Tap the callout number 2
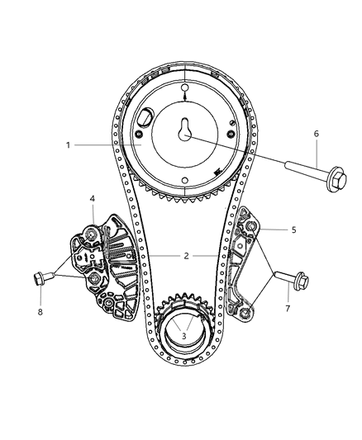(x=187, y=256)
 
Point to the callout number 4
(x=93, y=198)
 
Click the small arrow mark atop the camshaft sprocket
(x=184, y=97)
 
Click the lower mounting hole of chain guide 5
(x=245, y=311)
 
